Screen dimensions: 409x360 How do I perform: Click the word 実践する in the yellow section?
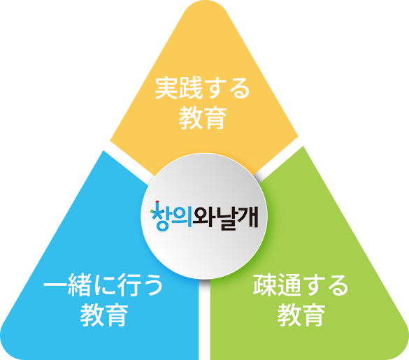click(203, 88)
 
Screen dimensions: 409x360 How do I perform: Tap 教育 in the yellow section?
click(203, 118)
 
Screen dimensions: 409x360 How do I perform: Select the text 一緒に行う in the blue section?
click(103, 285)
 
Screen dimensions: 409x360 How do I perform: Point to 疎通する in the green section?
click(301, 285)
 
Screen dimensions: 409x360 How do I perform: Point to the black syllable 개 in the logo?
click(248, 216)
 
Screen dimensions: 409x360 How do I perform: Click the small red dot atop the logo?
click(157, 201)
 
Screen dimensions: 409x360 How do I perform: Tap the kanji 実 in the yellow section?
click(166, 88)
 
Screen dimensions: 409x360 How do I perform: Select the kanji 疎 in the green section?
click(265, 285)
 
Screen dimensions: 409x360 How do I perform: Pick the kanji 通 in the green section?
click(289, 285)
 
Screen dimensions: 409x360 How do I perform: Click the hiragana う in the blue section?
click(152, 285)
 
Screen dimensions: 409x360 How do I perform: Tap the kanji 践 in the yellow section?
click(190, 88)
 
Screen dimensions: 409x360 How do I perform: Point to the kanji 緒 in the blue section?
click(79, 285)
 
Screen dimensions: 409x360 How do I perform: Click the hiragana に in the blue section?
click(103, 285)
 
